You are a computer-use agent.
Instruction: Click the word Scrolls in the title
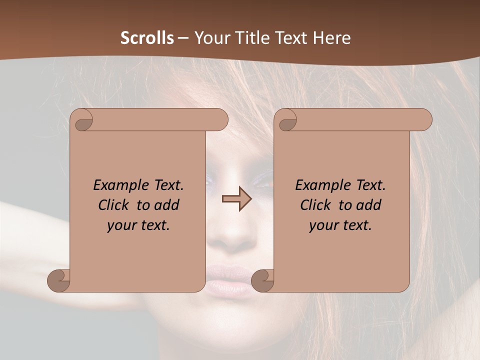[x=147, y=38]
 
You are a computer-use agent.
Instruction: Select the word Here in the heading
[x=331, y=38]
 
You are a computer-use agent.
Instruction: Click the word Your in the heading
[x=212, y=38]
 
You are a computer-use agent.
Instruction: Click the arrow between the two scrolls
[x=237, y=199]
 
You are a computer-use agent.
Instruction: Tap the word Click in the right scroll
[x=315, y=205]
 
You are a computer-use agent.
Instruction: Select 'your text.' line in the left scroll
[x=138, y=225]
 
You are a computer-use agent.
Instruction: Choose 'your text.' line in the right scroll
[x=340, y=225]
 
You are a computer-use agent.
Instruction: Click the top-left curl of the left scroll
[x=82, y=120]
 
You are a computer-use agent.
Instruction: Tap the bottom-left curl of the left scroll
[x=59, y=281]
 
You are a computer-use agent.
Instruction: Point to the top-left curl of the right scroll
[x=286, y=120]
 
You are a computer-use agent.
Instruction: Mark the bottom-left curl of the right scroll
[x=262, y=281]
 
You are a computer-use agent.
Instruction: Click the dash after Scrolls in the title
[x=183, y=38]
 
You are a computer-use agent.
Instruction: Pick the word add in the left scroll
[x=167, y=205]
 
